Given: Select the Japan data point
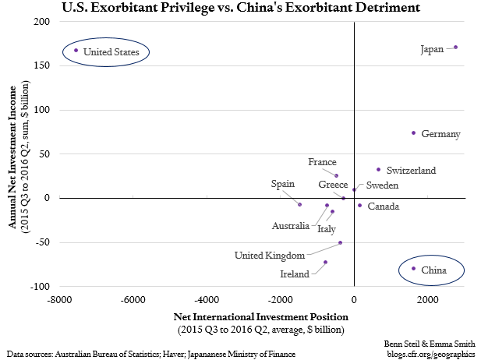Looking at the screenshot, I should (x=455, y=48).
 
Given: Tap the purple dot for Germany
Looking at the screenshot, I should (x=413, y=133).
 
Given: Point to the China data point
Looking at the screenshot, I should (x=413, y=269).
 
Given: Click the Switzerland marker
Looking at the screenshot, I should (x=378, y=169).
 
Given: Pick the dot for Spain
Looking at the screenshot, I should (x=299, y=204).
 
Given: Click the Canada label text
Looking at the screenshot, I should (x=383, y=206).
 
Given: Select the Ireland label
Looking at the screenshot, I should (x=295, y=274).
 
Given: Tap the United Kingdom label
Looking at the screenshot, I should (x=267, y=255).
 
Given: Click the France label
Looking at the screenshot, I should (x=322, y=162).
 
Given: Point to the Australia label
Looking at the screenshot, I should (x=293, y=226).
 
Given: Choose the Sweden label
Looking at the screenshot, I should (x=382, y=185).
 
